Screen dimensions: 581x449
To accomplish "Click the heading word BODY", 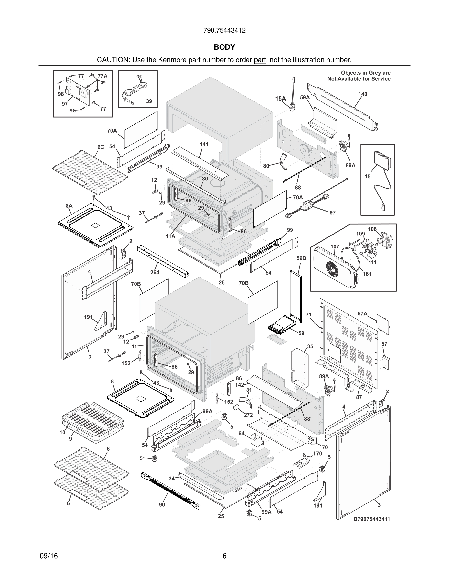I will [x=224, y=47].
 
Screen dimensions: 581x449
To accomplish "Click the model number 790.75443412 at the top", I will [x=224, y=31].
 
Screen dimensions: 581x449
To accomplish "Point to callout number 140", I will [x=363, y=94].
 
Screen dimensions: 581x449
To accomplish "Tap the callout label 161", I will [x=367, y=274].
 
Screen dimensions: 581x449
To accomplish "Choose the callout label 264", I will [x=155, y=272].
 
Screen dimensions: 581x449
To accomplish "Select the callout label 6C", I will [x=100, y=147].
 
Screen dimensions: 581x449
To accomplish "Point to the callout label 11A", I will [x=170, y=236].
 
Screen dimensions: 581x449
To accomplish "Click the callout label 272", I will [x=248, y=415].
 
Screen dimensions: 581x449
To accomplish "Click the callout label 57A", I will [x=362, y=314].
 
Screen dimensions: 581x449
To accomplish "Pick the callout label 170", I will [x=318, y=454].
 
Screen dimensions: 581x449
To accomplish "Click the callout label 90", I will [x=162, y=505].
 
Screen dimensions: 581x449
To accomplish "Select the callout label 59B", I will [x=301, y=258].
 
